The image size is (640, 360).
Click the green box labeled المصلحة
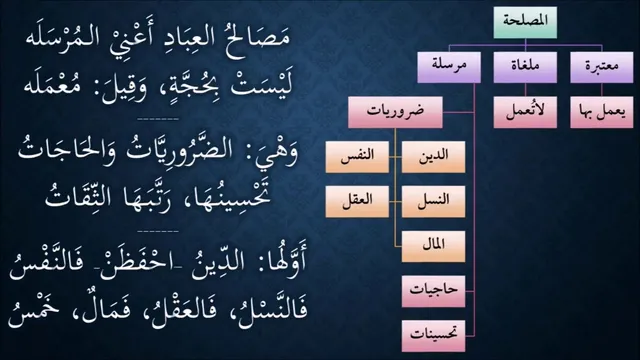[x=525, y=22]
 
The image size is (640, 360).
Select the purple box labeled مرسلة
[x=449, y=67]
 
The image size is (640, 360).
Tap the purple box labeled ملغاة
[x=525, y=67]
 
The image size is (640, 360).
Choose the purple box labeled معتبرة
[x=602, y=67]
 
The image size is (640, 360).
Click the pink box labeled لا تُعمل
[x=525, y=112]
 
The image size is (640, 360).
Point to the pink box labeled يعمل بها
[x=602, y=112]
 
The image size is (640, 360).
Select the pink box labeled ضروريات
[x=395, y=112]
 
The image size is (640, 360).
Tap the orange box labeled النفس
[x=357, y=157]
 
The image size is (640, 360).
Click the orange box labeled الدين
[x=433, y=157]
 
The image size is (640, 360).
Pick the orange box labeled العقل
[x=357, y=202]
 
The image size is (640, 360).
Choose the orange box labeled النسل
[x=433, y=202]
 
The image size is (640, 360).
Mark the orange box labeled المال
[x=433, y=247]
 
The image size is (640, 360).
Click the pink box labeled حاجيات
[x=433, y=291]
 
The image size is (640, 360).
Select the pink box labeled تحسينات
[x=433, y=336]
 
